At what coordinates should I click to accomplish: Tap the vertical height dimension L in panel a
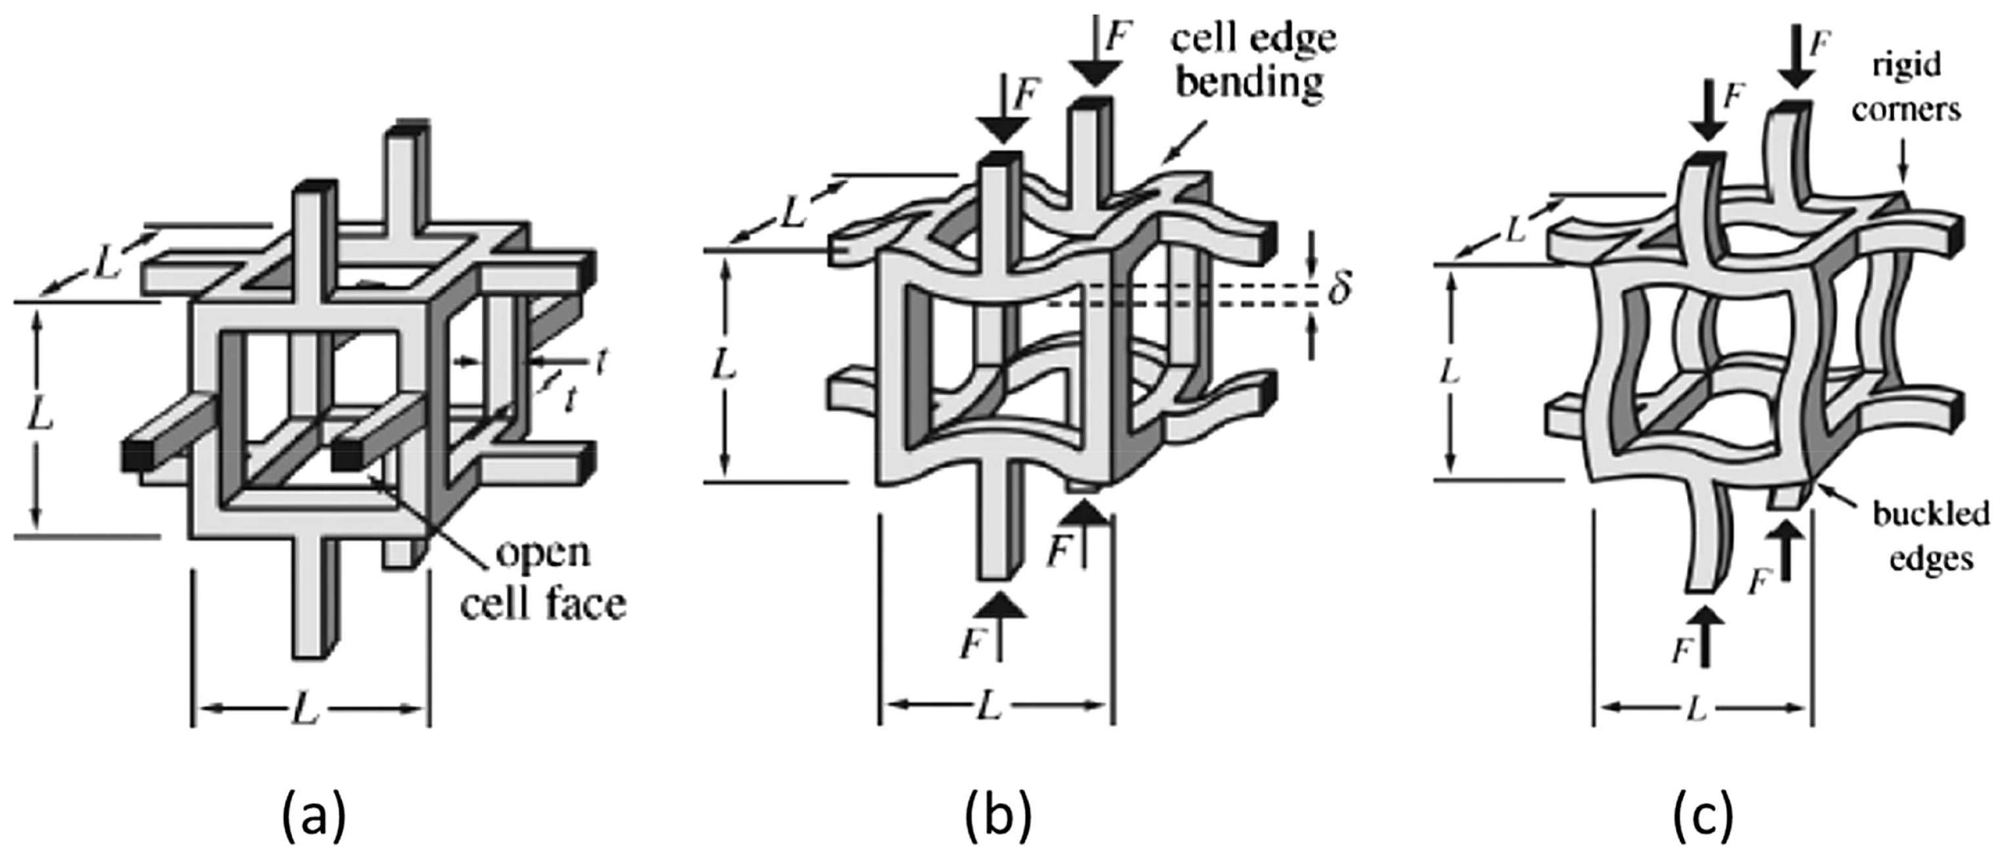(39, 419)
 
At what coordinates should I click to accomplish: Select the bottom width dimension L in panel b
(989, 706)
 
